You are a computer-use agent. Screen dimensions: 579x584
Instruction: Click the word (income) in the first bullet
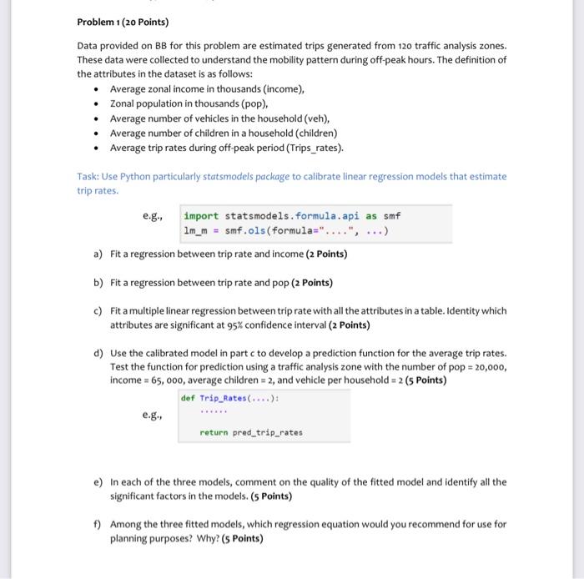coord(281,88)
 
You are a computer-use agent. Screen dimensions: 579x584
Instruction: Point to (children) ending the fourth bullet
coord(313,133)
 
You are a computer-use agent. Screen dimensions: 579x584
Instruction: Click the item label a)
coord(98,254)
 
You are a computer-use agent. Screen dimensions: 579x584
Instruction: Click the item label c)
coord(98,310)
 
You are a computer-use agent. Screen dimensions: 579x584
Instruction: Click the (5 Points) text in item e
coord(266,496)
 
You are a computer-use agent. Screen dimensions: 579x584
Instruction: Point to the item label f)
coord(98,524)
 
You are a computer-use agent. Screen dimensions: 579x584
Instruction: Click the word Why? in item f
coord(197,538)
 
